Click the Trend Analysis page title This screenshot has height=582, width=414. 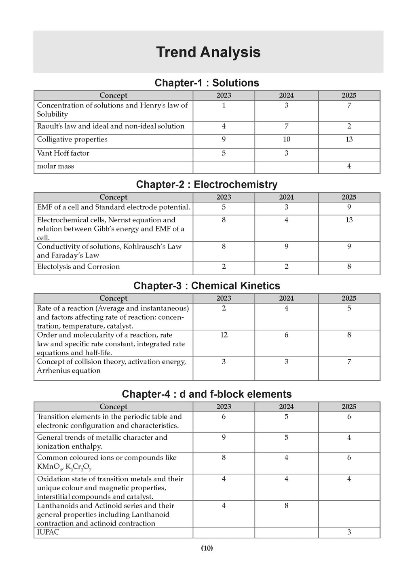click(208, 53)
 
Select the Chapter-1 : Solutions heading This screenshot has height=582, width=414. click(207, 83)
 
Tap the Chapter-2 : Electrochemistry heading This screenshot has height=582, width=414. click(207, 185)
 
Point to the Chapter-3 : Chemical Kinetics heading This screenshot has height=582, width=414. click(207, 286)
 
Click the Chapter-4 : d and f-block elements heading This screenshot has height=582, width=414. click(207, 394)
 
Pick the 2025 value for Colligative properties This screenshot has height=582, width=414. click(349, 139)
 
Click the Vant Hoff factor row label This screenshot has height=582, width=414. click(63, 153)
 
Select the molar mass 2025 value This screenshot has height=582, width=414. click(349, 166)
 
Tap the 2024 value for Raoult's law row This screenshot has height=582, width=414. click(286, 126)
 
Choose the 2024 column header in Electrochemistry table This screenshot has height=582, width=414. click(286, 197)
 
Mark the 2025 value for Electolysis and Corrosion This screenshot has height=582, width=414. click(349, 267)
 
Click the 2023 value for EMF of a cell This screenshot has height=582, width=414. click(224, 207)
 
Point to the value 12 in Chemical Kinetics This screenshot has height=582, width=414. click(224, 335)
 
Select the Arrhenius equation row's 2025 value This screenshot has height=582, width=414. click(349, 362)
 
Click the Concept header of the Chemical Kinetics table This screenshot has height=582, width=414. click(113, 298)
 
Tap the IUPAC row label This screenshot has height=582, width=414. click(48, 532)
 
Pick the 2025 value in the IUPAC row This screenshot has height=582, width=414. click(349, 532)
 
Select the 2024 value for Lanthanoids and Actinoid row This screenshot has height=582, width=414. click(286, 506)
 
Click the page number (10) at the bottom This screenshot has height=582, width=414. click(207, 548)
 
